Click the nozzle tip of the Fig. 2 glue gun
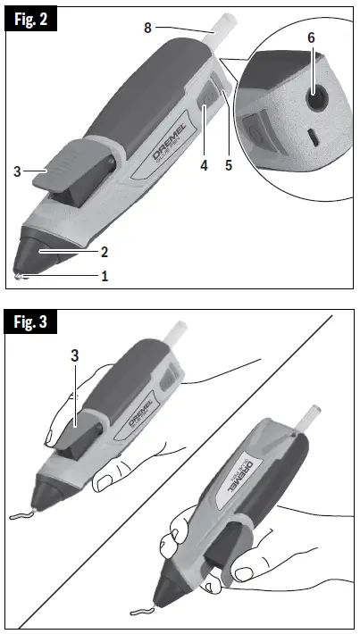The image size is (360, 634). (x=20, y=274)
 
